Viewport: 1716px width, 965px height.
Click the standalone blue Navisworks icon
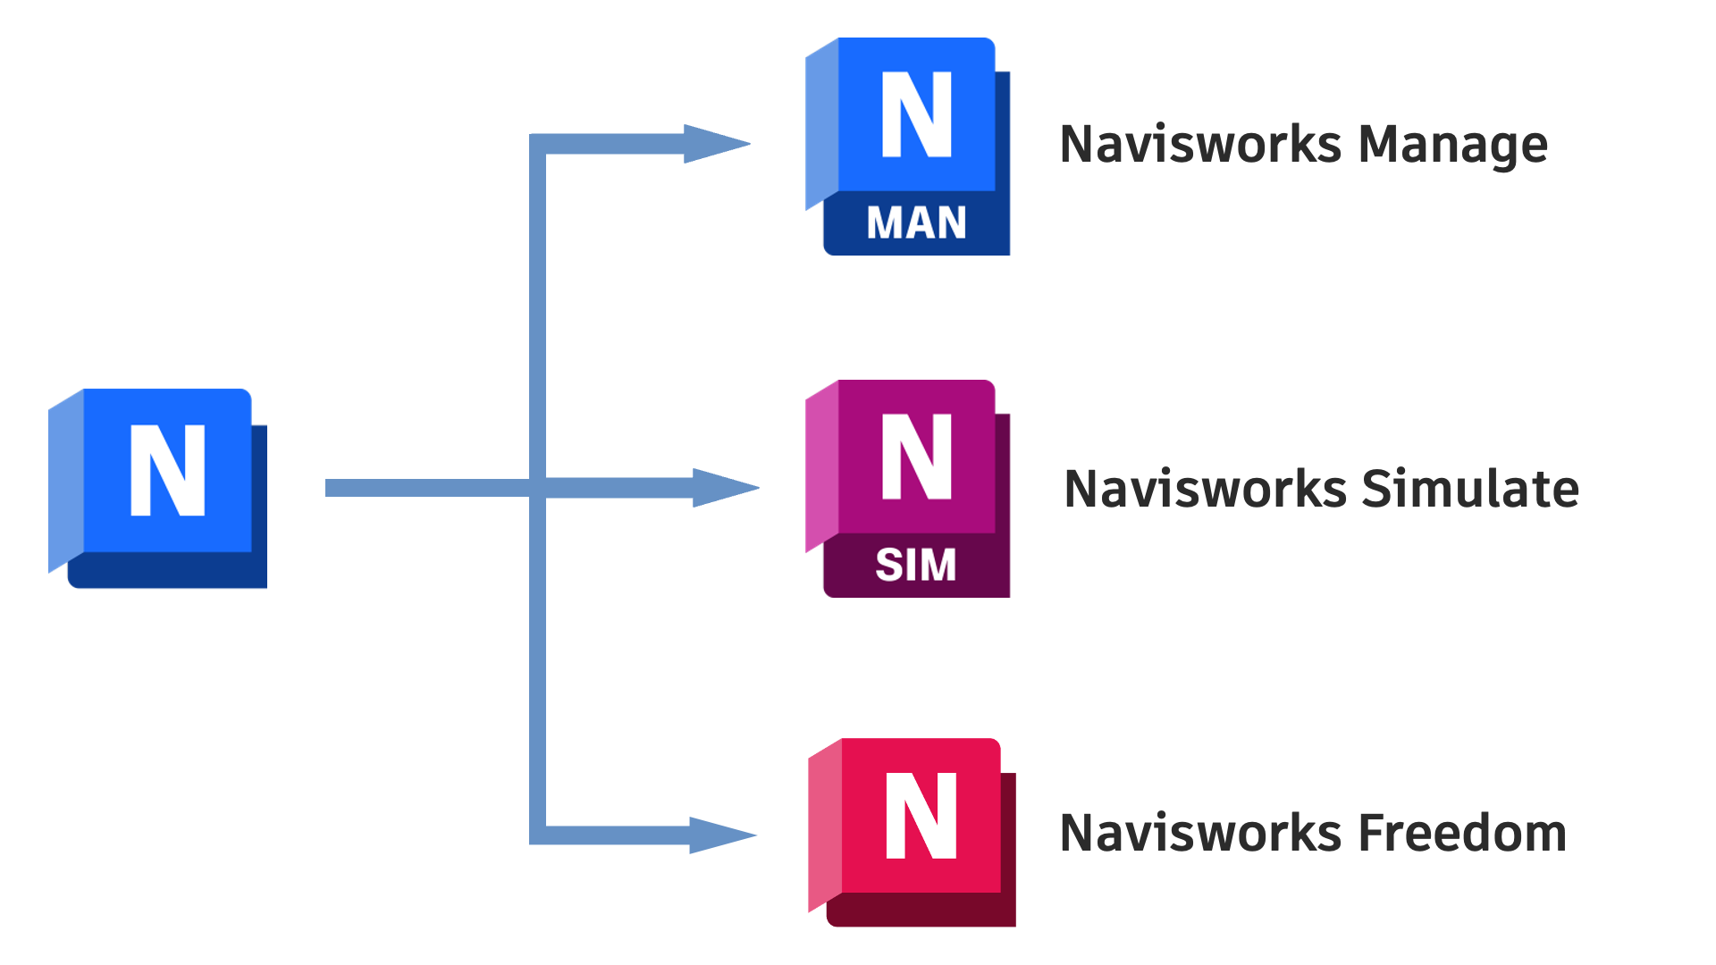[x=158, y=488]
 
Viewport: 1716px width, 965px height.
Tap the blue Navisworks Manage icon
[x=908, y=147]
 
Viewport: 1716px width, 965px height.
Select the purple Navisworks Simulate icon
[x=908, y=489]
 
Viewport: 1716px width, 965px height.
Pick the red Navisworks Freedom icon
[x=912, y=832]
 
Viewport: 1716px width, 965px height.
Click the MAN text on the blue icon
[x=916, y=222]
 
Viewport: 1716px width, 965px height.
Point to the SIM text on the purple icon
[x=915, y=565]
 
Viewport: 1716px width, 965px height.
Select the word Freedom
[x=1462, y=833]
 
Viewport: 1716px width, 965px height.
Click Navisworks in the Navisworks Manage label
[x=1200, y=144]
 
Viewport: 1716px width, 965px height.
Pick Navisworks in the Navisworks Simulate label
[x=1205, y=489]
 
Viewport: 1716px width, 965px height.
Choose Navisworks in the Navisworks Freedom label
[x=1200, y=833]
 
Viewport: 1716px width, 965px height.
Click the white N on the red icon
[x=921, y=816]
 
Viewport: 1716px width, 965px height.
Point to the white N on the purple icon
[x=917, y=456]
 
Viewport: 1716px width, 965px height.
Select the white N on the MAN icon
[x=917, y=114]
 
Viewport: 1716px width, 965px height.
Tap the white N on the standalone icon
[x=168, y=470]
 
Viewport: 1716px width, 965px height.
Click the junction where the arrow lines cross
[x=537, y=488]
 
